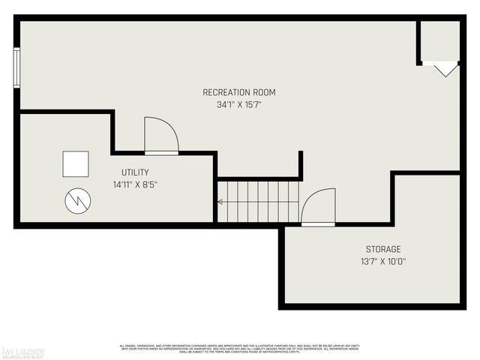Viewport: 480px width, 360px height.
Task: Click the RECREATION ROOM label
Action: [239, 92]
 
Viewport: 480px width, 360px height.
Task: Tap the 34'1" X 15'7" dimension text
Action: [239, 105]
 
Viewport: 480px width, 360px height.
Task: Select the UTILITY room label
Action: [135, 172]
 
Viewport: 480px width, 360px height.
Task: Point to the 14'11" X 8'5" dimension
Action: [135, 184]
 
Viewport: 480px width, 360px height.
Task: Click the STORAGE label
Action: [383, 249]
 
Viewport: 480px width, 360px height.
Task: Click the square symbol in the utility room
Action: [75, 163]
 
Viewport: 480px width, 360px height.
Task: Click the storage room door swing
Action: [318, 206]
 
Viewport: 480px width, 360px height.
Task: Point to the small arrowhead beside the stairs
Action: [220, 202]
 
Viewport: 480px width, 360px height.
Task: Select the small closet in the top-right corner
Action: [439, 41]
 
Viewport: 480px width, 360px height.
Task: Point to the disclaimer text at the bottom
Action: [240, 348]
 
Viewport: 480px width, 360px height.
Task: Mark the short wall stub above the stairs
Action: [300, 164]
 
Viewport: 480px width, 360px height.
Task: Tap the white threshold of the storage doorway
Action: [318, 223]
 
